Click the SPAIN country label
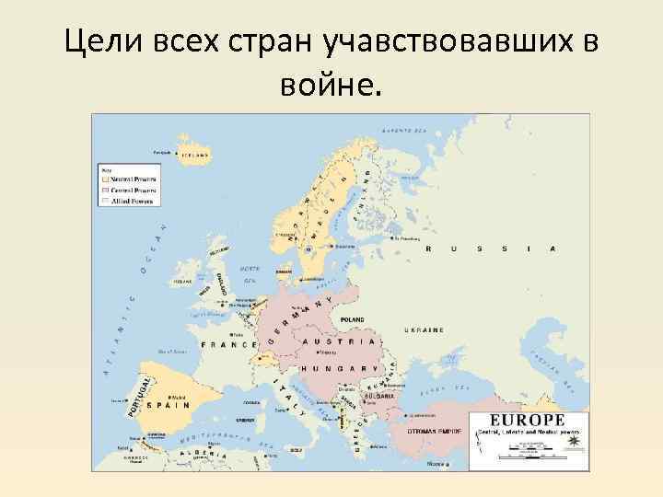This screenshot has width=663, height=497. (x=171, y=404)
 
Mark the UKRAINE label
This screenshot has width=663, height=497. (x=421, y=329)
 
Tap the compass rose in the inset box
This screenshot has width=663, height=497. (x=576, y=444)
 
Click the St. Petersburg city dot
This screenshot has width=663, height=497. (x=394, y=237)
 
